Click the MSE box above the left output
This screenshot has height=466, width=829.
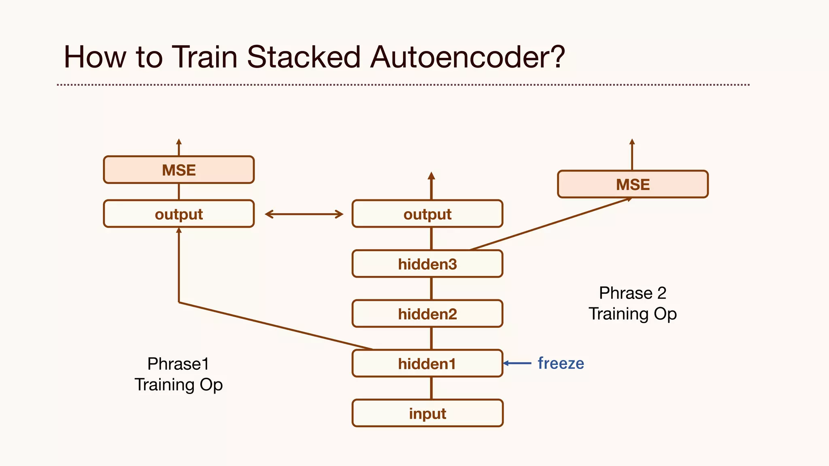click(179, 170)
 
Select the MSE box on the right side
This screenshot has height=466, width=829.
click(633, 184)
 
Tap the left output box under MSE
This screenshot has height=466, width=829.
click(179, 214)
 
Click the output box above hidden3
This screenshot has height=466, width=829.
click(427, 214)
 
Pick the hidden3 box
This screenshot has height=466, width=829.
click(427, 264)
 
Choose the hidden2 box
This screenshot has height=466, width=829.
click(427, 314)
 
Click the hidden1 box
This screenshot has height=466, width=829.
click(427, 364)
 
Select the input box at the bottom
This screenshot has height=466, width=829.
click(427, 413)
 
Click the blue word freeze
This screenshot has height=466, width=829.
click(561, 363)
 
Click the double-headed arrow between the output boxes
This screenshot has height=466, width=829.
click(304, 214)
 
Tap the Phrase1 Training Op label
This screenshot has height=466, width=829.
click(179, 374)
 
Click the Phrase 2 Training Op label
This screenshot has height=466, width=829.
click(633, 303)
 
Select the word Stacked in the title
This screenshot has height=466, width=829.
click(304, 57)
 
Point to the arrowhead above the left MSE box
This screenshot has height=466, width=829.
click(179, 142)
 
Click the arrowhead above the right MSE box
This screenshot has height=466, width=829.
click(632, 142)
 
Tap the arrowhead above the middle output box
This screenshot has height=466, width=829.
click(432, 176)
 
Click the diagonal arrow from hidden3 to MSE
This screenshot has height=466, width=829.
click(551, 224)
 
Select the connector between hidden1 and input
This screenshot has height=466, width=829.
click(432, 388)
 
